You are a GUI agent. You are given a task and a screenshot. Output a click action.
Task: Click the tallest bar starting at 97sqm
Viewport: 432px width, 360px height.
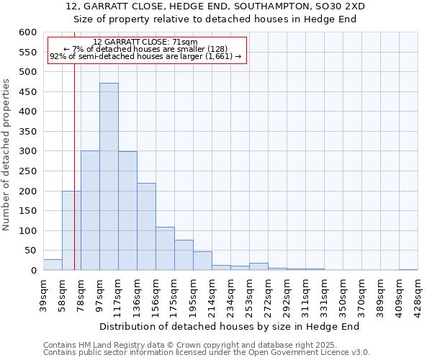click(x=109, y=176)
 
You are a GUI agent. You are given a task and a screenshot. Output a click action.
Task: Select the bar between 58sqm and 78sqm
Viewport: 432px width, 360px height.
click(x=71, y=230)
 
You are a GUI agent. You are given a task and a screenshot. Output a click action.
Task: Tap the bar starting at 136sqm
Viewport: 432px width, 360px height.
click(x=146, y=227)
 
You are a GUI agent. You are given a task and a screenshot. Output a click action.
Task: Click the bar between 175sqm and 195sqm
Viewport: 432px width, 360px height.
click(x=184, y=255)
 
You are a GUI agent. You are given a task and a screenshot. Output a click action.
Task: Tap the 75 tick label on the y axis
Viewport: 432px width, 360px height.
click(x=29, y=251)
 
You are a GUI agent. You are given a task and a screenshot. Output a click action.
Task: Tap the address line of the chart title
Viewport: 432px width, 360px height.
click(x=215, y=6)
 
